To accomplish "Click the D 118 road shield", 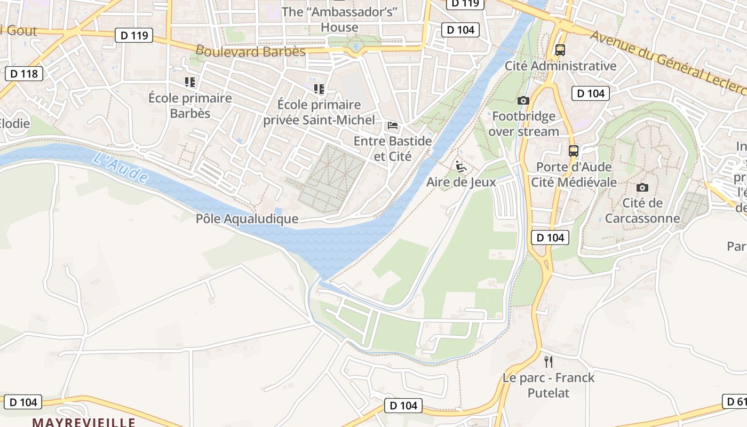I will pos(23,74).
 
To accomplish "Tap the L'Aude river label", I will pos(120,167).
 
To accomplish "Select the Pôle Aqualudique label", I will pos(247,219).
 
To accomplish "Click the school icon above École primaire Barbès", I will pos(190,82).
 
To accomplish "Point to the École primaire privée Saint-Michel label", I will pos(319,112).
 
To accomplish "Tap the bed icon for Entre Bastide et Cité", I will pos(393,126).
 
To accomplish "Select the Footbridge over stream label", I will pos(523,124).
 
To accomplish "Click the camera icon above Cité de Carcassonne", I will pos(642,187).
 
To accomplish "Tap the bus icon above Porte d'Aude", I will pos(574,151).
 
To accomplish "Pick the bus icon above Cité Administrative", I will pos(560,50).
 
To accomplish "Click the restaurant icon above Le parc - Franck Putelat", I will pos(548,362).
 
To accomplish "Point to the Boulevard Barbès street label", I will pos(250,51).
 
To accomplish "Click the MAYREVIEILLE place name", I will pos(84,422).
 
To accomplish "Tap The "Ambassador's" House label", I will pos(339,19).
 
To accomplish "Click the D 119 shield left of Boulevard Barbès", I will pos(134,36).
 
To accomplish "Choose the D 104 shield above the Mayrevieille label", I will pos(23,402).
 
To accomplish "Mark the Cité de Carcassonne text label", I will pos(642,210).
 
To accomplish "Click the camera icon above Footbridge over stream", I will pos(523,100).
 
